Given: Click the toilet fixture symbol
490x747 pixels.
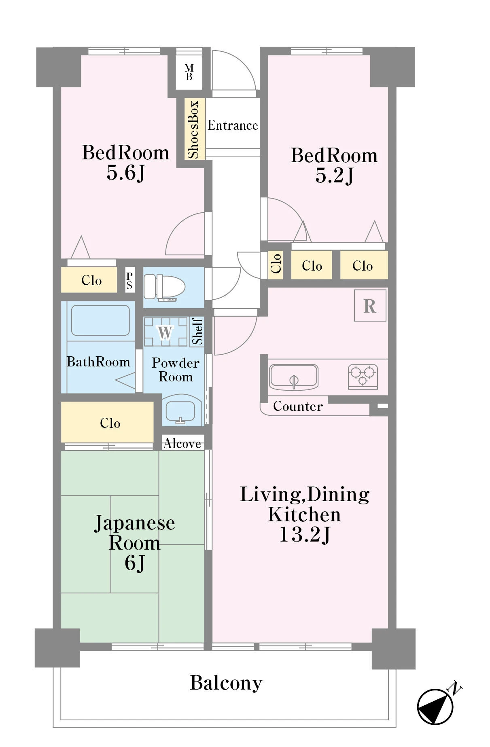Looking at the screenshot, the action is [x=164, y=287].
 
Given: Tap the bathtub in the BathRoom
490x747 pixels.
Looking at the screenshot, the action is [x=101, y=320].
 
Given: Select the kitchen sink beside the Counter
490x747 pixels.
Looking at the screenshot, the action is [x=294, y=377].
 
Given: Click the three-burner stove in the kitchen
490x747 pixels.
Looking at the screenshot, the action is [x=363, y=376].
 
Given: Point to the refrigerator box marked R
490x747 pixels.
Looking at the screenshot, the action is [x=370, y=305].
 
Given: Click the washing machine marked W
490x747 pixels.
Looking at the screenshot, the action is [x=165, y=332].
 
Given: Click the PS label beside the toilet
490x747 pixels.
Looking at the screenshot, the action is [x=129, y=280].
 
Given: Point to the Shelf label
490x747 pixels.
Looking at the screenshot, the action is [x=197, y=331].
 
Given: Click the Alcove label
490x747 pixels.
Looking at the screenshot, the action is [x=182, y=444].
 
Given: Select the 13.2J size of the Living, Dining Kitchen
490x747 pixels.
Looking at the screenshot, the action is [x=305, y=535].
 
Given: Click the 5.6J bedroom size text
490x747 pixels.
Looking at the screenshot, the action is [x=125, y=173].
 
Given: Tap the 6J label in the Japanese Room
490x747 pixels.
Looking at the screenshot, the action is [x=135, y=563].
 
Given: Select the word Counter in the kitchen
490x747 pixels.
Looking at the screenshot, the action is [x=298, y=406].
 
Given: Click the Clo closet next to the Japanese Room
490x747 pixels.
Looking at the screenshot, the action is [x=107, y=422].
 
